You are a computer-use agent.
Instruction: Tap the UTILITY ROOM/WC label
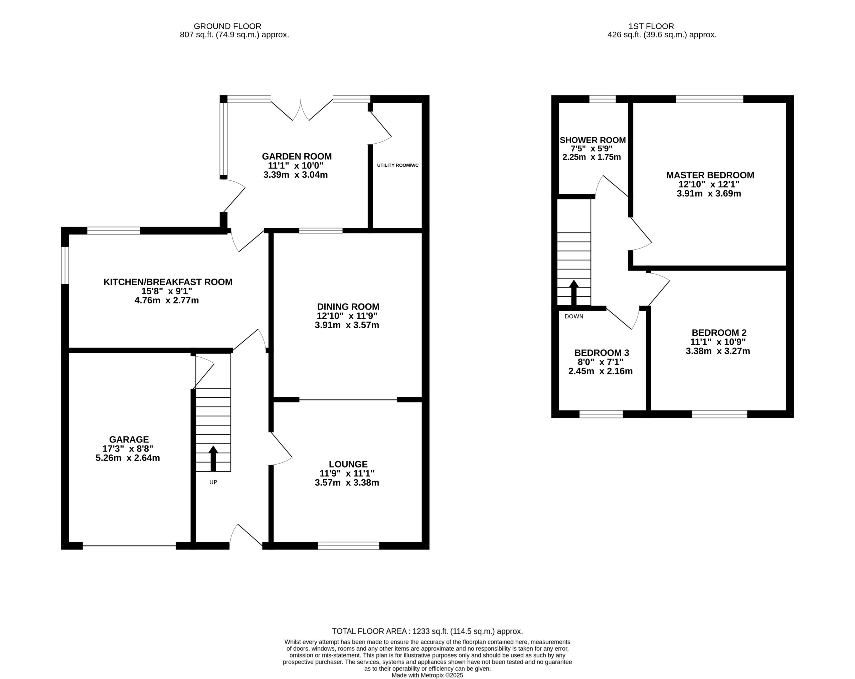[x=398, y=165]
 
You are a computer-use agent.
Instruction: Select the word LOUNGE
[x=348, y=464]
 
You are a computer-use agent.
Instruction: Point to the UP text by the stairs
[x=213, y=482]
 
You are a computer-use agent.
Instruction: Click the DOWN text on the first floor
[x=574, y=317]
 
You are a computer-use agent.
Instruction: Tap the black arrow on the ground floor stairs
[x=213, y=458]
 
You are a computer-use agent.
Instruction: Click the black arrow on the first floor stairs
[x=574, y=293]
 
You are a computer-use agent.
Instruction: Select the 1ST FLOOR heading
[x=651, y=26]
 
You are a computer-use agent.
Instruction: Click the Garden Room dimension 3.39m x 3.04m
[x=296, y=175]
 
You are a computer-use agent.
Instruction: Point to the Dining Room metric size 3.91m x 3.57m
[x=347, y=325]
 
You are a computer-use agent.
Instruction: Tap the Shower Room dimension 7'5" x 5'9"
[x=592, y=149]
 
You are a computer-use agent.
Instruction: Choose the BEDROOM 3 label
[x=602, y=353]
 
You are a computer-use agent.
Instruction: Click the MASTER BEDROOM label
[x=710, y=175]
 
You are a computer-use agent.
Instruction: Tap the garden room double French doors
[x=301, y=109]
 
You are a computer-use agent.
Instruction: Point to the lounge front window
[x=349, y=546]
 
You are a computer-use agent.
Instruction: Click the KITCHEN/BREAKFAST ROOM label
[x=168, y=282]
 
